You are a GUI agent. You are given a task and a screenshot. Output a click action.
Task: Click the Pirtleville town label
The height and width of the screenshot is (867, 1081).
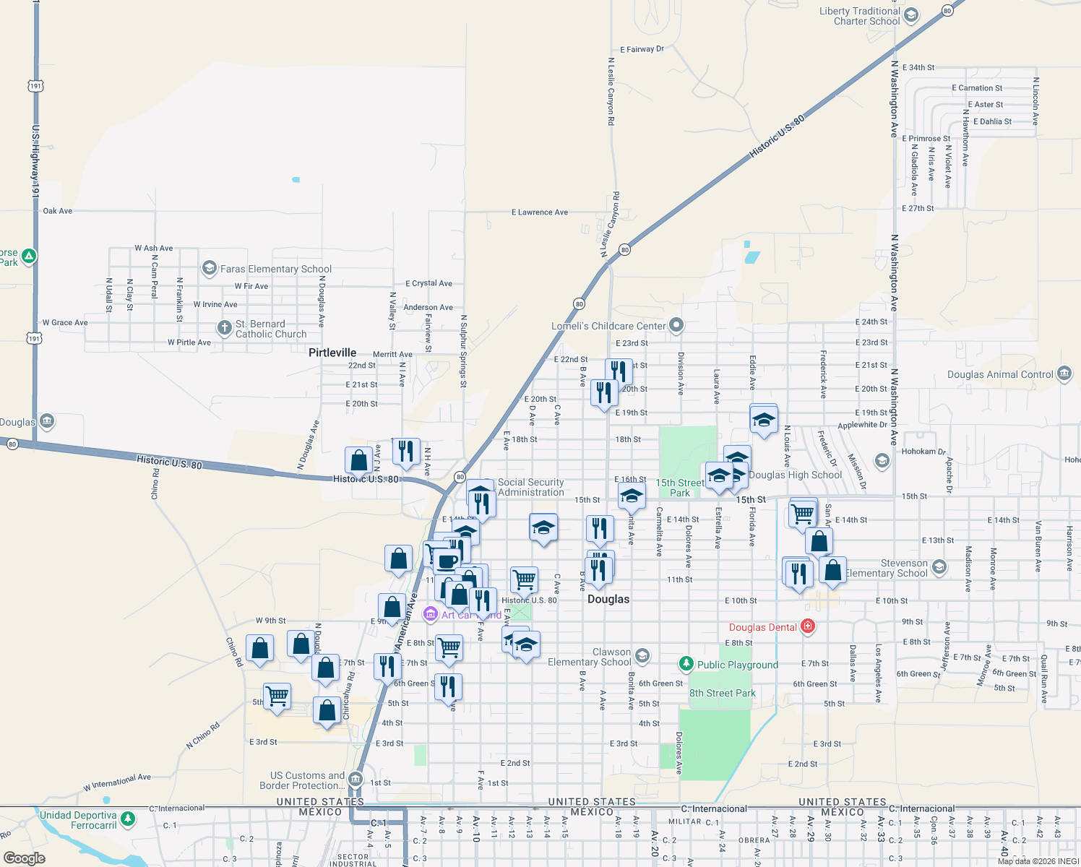332,353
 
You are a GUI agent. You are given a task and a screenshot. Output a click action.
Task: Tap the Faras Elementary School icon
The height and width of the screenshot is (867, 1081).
209,269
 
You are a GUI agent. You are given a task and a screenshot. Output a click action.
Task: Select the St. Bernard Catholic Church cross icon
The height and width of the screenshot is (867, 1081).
225,328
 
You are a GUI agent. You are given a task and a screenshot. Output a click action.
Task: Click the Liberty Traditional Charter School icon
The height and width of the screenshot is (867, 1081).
911,16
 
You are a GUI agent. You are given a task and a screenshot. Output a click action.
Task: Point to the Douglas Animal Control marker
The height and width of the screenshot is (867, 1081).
1064,374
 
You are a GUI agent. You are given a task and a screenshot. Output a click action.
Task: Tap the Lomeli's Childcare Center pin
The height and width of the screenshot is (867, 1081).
676,326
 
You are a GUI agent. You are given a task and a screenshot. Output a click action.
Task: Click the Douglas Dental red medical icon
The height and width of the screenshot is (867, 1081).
808,627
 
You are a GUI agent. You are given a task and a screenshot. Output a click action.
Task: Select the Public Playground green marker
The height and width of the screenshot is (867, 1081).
686,664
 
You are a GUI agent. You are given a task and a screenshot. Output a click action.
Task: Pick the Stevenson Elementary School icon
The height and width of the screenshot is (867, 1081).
939,567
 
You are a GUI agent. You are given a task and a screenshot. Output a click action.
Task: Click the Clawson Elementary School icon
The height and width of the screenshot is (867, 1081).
642,657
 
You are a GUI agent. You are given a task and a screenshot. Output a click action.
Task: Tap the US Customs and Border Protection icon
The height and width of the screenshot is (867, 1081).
355,780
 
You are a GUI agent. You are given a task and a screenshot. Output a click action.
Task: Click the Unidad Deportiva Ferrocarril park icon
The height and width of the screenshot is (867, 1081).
128,819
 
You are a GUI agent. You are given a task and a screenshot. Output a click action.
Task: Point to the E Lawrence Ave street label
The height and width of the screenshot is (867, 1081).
540,212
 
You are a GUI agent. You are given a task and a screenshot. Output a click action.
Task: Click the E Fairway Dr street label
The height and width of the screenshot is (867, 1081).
642,49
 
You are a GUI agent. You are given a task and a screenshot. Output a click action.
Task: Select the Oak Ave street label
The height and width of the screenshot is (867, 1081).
58,211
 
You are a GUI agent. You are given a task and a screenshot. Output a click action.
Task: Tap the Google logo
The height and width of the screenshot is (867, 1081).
25,858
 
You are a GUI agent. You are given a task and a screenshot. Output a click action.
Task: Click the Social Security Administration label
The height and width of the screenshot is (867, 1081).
530,487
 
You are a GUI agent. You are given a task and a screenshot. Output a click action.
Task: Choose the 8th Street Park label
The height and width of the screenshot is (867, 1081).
722,693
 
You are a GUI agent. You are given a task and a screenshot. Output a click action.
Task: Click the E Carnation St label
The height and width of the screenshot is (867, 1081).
977,88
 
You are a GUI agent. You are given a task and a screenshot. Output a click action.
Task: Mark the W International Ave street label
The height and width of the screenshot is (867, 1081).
117,782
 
